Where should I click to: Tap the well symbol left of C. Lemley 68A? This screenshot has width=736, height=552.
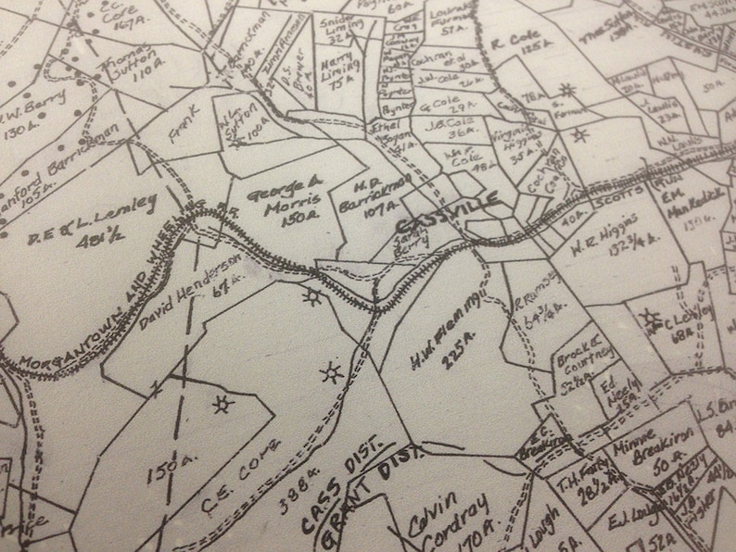(x=647, y=320)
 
